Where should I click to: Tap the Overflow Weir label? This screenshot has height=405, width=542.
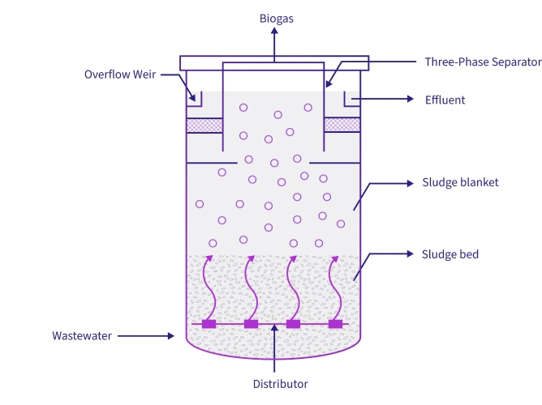[120, 75]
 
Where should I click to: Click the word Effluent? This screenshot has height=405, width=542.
[445, 100]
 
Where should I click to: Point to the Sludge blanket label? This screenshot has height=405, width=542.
[460, 182]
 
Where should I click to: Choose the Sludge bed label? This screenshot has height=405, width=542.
[450, 254]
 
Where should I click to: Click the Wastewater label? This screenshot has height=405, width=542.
[82, 335]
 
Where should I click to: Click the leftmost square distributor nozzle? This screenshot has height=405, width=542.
[209, 324]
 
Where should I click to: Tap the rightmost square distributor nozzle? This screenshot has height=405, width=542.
[336, 324]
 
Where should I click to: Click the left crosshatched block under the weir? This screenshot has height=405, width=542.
[204, 126]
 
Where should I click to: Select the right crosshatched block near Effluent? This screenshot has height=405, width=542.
[342, 125]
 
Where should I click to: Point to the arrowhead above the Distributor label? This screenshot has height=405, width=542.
[275, 327]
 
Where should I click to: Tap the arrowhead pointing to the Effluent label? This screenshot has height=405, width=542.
[410, 100]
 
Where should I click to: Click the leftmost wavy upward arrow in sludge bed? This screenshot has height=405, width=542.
[208, 288]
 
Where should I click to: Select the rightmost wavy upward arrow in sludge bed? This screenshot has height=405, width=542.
[333, 288]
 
